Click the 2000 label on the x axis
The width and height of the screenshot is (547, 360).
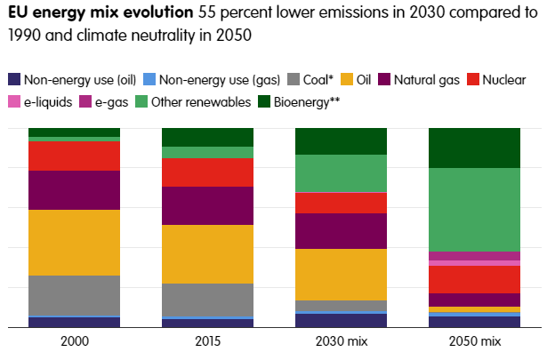coord(74,342)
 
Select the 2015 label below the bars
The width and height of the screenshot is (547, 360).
coord(207,342)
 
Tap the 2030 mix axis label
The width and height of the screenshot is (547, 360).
coord(341,342)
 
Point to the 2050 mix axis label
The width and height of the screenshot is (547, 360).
coord(474,342)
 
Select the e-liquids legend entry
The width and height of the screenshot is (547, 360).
coord(42,102)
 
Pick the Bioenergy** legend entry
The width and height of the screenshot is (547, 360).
coord(303,102)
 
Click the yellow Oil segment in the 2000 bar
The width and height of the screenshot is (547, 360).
coord(74,242)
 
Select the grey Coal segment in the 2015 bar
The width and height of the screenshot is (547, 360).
coord(207,300)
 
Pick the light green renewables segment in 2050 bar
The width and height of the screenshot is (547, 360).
coord(474,210)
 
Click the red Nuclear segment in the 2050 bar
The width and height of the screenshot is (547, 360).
coord(474,279)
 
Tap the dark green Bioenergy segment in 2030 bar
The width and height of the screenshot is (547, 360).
coord(341,140)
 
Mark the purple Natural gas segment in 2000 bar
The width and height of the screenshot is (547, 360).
coord(74,189)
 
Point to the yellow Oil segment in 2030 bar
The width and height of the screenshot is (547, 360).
coord(341,274)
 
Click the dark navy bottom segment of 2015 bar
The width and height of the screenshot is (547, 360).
coord(207,323)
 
